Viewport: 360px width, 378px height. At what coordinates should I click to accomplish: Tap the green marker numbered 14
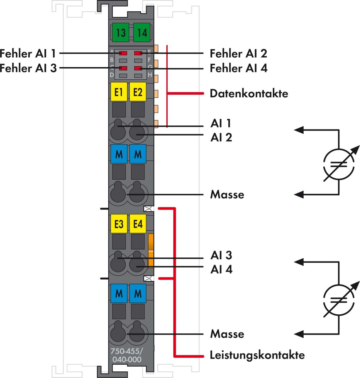click(x=142, y=32)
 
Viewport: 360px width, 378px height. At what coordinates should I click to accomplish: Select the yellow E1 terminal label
click(x=119, y=92)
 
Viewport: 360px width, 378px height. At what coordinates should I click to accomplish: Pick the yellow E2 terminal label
click(x=138, y=92)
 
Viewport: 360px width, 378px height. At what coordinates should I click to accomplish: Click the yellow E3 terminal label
click(x=119, y=224)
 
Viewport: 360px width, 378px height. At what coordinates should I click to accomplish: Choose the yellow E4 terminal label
click(x=138, y=224)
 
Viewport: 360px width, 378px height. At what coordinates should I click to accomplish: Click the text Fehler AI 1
click(x=28, y=54)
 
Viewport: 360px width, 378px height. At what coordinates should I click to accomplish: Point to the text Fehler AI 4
click(x=238, y=68)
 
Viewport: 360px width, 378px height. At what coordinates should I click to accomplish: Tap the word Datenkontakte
click(x=249, y=94)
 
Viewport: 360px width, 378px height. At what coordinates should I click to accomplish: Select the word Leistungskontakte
click(x=257, y=355)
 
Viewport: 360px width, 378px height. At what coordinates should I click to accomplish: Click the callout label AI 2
click(x=221, y=137)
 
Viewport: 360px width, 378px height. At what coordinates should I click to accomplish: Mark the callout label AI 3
click(x=221, y=255)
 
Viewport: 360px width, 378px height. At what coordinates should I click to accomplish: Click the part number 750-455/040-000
click(x=126, y=355)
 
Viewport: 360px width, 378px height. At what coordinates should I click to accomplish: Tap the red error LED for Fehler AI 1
click(x=123, y=53)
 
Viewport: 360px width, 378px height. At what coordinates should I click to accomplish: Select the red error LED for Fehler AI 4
click(x=138, y=68)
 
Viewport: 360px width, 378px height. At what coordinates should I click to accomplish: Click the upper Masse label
click(x=227, y=194)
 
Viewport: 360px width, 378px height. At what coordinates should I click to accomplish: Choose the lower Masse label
click(x=227, y=334)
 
